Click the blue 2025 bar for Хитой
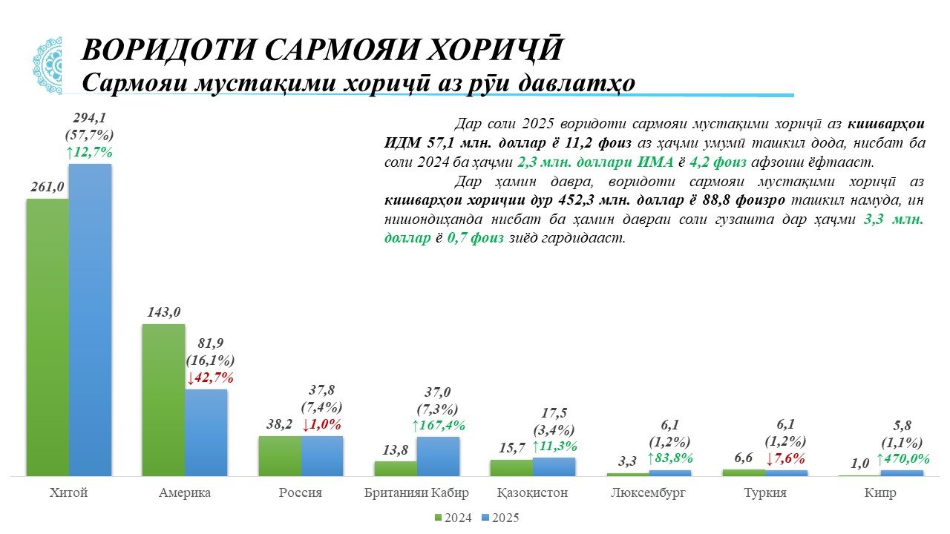(x=90, y=319)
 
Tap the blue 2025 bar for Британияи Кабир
(x=438, y=456)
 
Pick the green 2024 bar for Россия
(x=280, y=455)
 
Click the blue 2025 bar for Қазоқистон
(x=554, y=467)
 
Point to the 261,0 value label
(x=47, y=187)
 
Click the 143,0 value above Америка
(x=163, y=312)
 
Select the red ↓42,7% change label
(x=210, y=378)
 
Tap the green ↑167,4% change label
(x=438, y=425)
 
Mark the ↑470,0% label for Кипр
(x=902, y=459)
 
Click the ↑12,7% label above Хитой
(x=89, y=152)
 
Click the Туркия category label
(x=764, y=493)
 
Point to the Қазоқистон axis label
(x=532, y=493)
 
